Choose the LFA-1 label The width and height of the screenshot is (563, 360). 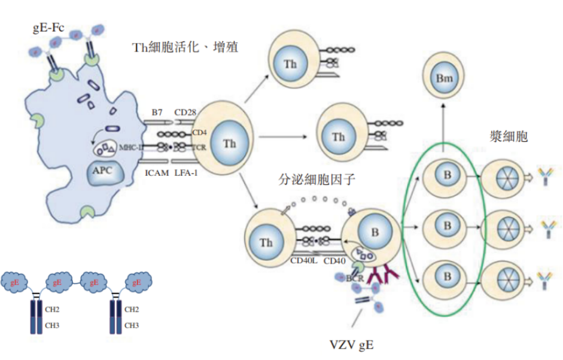pyautogui.click(x=187, y=173)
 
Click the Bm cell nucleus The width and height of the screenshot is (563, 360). pyautogui.click(x=443, y=78)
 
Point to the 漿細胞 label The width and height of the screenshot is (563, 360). pyautogui.click(x=508, y=136)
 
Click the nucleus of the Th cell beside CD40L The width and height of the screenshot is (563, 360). pyautogui.click(x=267, y=242)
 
